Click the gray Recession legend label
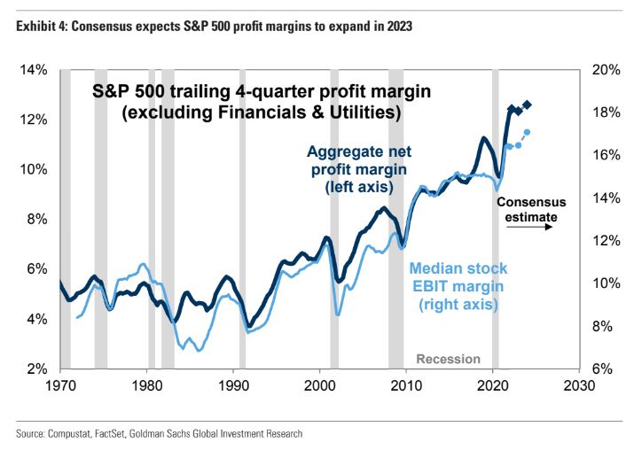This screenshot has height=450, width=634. [448, 359]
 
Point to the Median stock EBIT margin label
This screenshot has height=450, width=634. [456, 285]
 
